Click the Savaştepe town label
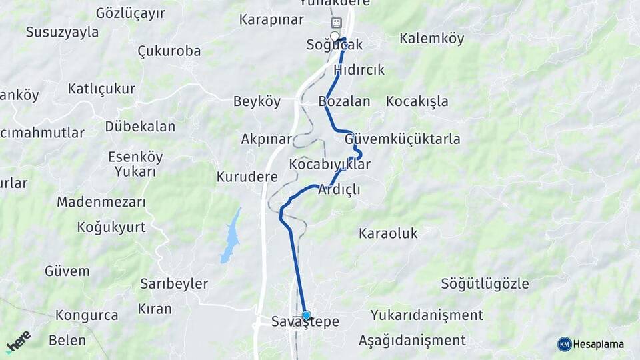pyautogui.click(x=305, y=322)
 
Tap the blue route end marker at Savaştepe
pyautogui.click(x=306, y=315)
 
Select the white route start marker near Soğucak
pyautogui.click(x=335, y=36)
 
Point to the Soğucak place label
pyautogui.click(x=334, y=45)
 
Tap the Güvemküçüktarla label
pyautogui.click(x=402, y=139)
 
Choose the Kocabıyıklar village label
pyautogui.click(x=329, y=164)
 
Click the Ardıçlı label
pyautogui.click(x=339, y=189)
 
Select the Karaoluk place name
pyautogui.click(x=388, y=233)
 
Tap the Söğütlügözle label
pyautogui.click(x=485, y=283)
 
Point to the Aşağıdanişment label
pyautogui.click(x=412, y=340)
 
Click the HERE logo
pyautogui.click(x=19, y=341)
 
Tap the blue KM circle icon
pyautogui.click(x=564, y=344)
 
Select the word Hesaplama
pyautogui.click(x=598, y=344)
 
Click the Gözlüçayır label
pyautogui.click(x=131, y=13)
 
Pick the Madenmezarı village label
pyautogui.click(x=101, y=201)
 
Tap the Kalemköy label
pyautogui.click(x=431, y=39)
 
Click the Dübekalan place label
pyautogui.click(x=140, y=126)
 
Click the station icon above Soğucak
pyautogui.click(x=336, y=23)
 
